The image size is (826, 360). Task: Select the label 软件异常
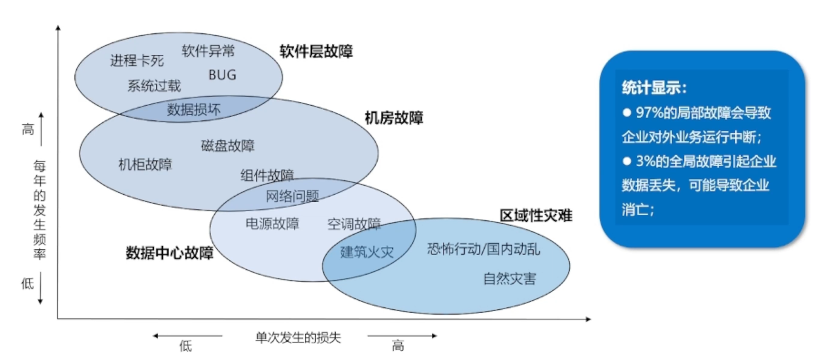(x=208, y=50)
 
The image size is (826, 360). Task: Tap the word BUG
(x=222, y=75)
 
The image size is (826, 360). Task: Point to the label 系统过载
(x=154, y=85)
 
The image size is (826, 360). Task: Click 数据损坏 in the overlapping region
(x=194, y=110)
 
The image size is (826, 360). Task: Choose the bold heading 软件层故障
(x=316, y=51)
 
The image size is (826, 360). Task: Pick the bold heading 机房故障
(x=394, y=117)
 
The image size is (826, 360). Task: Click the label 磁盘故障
(x=228, y=145)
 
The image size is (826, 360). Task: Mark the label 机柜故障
(x=145, y=164)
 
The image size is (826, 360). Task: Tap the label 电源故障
(x=272, y=224)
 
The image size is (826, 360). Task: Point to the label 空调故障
(x=354, y=224)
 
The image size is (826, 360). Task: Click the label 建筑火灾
(x=367, y=252)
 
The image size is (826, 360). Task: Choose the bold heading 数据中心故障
(x=169, y=252)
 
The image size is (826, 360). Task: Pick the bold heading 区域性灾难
(x=536, y=216)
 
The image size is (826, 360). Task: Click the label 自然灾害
(x=510, y=279)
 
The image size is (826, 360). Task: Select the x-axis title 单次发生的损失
(x=298, y=337)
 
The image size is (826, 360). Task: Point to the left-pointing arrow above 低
(x=187, y=335)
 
